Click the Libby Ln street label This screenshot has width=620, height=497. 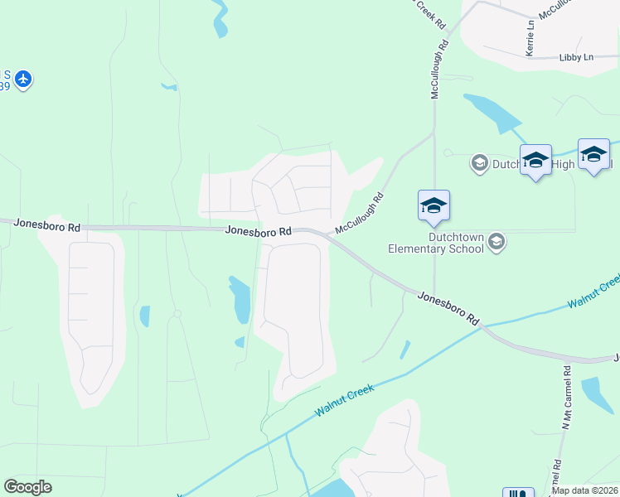click(x=576, y=57)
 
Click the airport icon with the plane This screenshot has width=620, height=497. click(x=23, y=79)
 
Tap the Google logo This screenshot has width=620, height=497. click(x=27, y=487)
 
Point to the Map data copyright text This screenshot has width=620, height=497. click(x=585, y=490)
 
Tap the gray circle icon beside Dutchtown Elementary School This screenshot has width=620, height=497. click(x=496, y=242)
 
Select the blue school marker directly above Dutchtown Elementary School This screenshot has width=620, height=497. click(x=434, y=207)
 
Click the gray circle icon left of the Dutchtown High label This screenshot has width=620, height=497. click(x=479, y=163)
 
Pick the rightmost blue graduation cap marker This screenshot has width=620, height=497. click(x=593, y=155)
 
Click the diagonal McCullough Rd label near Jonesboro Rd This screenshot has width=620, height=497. click(x=361, y=213)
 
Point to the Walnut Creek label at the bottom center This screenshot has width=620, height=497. click(x=344, y=400)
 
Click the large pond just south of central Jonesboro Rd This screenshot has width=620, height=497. click(x=240, y=300)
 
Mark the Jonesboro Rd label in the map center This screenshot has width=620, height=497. click(x=259, y=232)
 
